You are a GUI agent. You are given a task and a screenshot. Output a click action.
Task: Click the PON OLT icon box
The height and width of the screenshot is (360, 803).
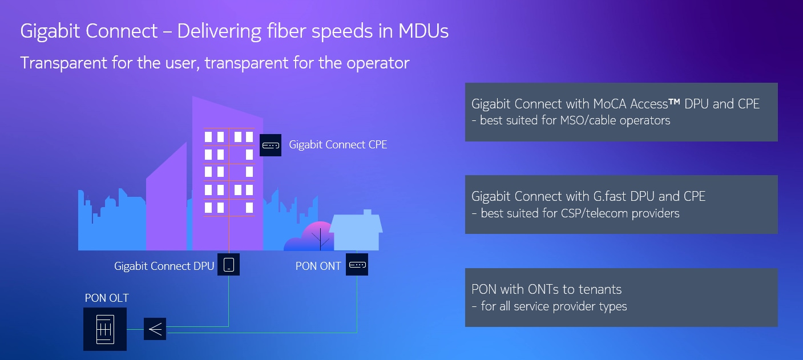(x=105, y=329)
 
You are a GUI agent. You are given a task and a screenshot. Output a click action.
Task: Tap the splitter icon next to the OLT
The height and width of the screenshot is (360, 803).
(x=155, y=329)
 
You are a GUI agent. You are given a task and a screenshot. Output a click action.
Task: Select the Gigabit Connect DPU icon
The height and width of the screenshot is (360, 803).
(x=229, y=265)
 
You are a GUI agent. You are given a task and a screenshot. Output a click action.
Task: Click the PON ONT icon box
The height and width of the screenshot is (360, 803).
(x=357, y=265)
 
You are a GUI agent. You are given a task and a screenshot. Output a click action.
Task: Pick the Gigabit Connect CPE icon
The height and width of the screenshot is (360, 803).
(x=271, y=145)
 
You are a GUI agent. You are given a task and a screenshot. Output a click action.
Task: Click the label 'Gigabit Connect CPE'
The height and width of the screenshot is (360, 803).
(x=338, y=145)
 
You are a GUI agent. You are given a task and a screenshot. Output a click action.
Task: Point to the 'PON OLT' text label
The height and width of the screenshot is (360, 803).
(x=107, y=298)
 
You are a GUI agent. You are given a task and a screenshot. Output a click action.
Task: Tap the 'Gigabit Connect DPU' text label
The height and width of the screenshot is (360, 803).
(x=164, y=266)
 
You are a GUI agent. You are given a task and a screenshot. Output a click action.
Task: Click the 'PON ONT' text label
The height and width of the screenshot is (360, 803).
(x=318, y=266)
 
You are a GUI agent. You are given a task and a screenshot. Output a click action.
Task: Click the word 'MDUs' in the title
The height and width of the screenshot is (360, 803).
(x=423, y=31)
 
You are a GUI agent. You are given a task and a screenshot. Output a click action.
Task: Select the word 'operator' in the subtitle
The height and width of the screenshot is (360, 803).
(x=378, y=63)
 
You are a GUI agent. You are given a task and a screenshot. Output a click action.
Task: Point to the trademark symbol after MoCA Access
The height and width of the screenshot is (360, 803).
(x=675, y=102)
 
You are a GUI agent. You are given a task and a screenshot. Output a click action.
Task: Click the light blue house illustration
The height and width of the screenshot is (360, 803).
(x=356, y=230)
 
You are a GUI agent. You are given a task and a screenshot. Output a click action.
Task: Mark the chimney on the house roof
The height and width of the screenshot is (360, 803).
(x=368, y=212)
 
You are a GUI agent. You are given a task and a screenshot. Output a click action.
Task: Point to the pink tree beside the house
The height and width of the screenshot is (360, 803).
(x=318, y=236)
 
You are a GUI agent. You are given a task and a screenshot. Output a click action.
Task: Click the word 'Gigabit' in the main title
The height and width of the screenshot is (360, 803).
(x=50, y=31)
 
